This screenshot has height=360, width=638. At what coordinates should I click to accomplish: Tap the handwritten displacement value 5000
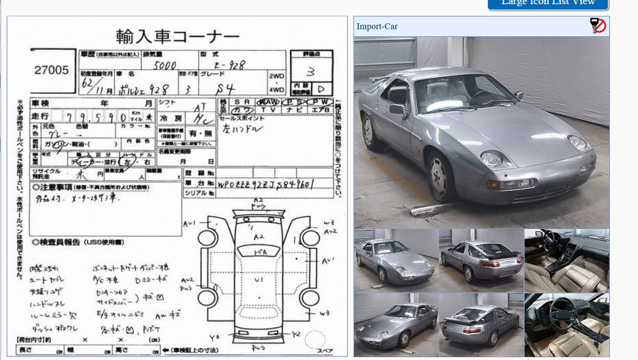[164, 66]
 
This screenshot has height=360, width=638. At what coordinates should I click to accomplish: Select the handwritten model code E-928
[229, 65]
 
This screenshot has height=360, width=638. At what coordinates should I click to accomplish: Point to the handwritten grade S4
[241, 88]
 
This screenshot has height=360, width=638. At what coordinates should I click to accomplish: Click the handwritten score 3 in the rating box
[310, 71]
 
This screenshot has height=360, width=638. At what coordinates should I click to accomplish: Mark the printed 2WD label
[277, 76]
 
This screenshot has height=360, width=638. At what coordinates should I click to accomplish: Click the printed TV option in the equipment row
[270, 109]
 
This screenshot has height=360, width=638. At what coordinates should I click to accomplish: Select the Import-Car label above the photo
[377, 27]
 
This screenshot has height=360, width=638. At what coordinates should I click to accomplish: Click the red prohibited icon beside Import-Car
[598, 26]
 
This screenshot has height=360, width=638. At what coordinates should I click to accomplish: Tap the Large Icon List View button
[548, 3]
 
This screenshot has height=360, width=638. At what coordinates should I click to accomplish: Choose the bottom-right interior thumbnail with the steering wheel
[566, 325]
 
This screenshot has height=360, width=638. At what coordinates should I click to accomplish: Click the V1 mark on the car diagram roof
[259, 280]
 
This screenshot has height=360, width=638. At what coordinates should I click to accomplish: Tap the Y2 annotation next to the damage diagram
[297, 334]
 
